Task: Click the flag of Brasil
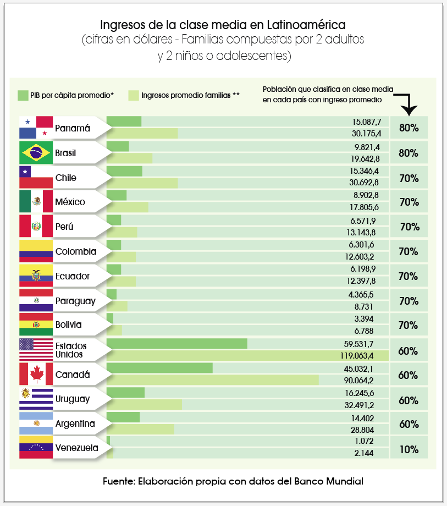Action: click(x=36, y=153)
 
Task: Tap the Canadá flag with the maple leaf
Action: click(x=36, y=375)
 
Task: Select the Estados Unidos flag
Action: click(x=36, y=350)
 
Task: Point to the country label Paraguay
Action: click(x=75, y=301)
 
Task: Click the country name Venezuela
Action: click(x=77, y=448)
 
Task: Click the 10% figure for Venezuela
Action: click(x=409, y=449)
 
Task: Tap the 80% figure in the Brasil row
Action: click(x=409, y=153)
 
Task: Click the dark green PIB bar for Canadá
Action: click(x=159, y=368)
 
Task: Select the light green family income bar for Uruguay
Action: click(x=144, y=404)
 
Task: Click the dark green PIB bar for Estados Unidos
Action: click(x=176, y=344)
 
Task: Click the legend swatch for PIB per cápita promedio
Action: click(x=23, y=95)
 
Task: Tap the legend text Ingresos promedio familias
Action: click(x=190, y=95)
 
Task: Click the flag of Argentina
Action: click(x=36, y=424)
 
